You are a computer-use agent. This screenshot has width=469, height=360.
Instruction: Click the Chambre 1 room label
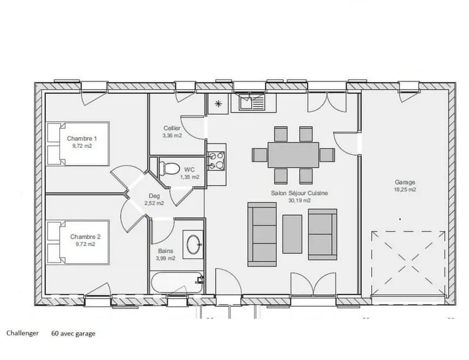(81, 138)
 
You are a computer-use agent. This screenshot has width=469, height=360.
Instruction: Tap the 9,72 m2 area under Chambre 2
(85, 244)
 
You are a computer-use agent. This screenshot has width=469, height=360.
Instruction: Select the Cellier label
(172, 128)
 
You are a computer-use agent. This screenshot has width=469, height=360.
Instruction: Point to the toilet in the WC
(169, 168)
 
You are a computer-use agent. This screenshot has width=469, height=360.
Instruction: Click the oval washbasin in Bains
(193, 244)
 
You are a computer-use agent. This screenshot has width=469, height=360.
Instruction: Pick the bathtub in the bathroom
(177, 283)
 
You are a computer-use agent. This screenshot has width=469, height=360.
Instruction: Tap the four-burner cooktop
(216, 161)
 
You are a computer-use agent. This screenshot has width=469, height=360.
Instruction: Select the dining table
(293, 155)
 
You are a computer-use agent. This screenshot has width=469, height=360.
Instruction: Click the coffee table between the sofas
(292, 234)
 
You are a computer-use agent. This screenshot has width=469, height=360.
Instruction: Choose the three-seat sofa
(262, 235)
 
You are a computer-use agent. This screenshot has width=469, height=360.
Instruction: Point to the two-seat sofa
(322, 235)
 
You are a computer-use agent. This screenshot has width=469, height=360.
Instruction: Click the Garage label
(405, 182)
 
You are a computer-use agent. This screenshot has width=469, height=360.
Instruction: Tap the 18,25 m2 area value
(405, 189)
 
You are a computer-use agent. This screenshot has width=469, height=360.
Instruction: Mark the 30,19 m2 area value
(300, 201)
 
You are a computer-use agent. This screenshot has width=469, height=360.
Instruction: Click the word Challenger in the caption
(23, 333)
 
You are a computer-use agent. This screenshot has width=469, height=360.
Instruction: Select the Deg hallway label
(154, 196)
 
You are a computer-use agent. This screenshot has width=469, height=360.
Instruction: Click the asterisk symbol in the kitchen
(218, 104)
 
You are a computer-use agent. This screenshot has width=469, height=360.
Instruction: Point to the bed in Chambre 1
(78, 144)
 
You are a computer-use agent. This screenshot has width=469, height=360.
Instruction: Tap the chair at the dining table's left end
(259, 155)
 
